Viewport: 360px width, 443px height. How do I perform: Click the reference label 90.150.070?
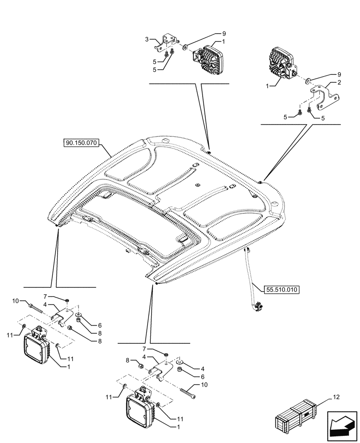coord(83,143)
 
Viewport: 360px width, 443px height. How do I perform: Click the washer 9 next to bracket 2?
coord(307,82)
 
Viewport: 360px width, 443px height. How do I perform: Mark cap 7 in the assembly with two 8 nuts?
coord(67,301)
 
